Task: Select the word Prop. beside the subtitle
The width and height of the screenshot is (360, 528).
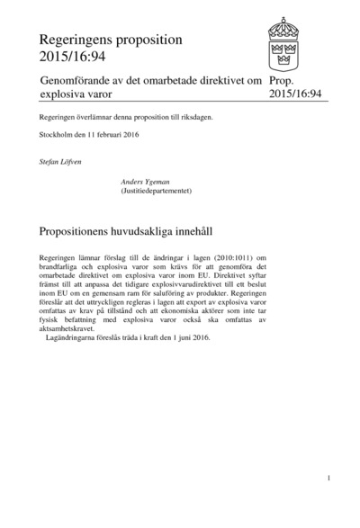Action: pyautogui.click(x=283, y=81)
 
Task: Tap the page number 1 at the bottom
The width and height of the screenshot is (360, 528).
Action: pyautogui.click(x=330, y=478)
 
